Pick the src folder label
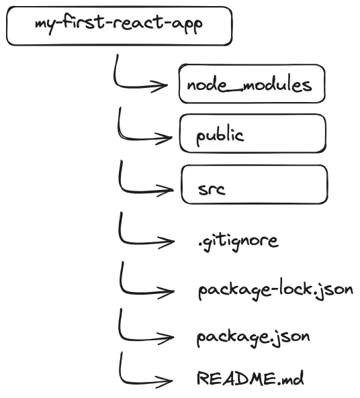212,189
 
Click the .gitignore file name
238,241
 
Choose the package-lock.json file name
275,289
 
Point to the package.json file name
253,338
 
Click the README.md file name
250,378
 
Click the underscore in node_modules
234,91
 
